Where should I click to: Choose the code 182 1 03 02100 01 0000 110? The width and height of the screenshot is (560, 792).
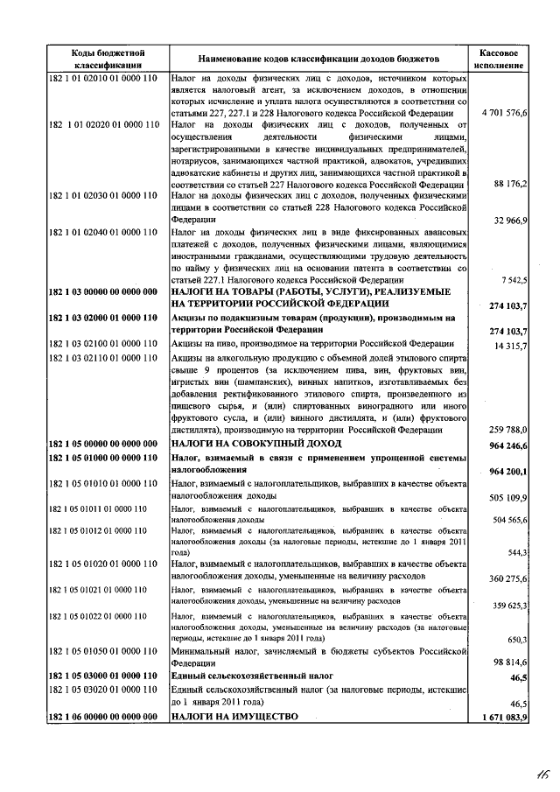[x=104, y=345]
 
